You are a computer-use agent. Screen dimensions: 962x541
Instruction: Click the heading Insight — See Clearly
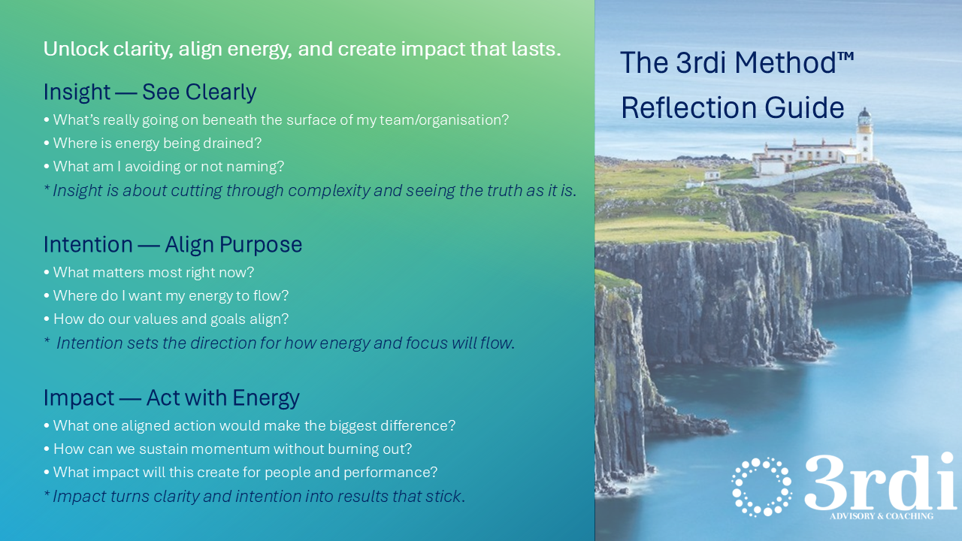150,92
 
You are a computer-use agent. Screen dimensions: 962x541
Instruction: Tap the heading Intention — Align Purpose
173,245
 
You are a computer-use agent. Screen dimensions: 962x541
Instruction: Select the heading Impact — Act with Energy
171,397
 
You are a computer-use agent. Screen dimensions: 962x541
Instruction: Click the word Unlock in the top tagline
76,49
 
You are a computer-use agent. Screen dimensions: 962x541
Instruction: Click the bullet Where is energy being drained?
153,144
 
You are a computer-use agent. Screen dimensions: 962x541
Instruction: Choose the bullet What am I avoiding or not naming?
164,167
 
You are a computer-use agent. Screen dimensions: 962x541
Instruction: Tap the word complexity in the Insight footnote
328,191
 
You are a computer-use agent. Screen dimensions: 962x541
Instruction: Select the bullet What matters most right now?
149,273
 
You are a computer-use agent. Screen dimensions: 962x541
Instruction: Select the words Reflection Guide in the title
733,107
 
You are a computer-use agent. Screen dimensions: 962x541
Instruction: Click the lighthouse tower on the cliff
864,134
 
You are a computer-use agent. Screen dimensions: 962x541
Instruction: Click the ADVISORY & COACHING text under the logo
882,516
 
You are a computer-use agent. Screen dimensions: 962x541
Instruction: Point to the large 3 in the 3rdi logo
824,482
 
